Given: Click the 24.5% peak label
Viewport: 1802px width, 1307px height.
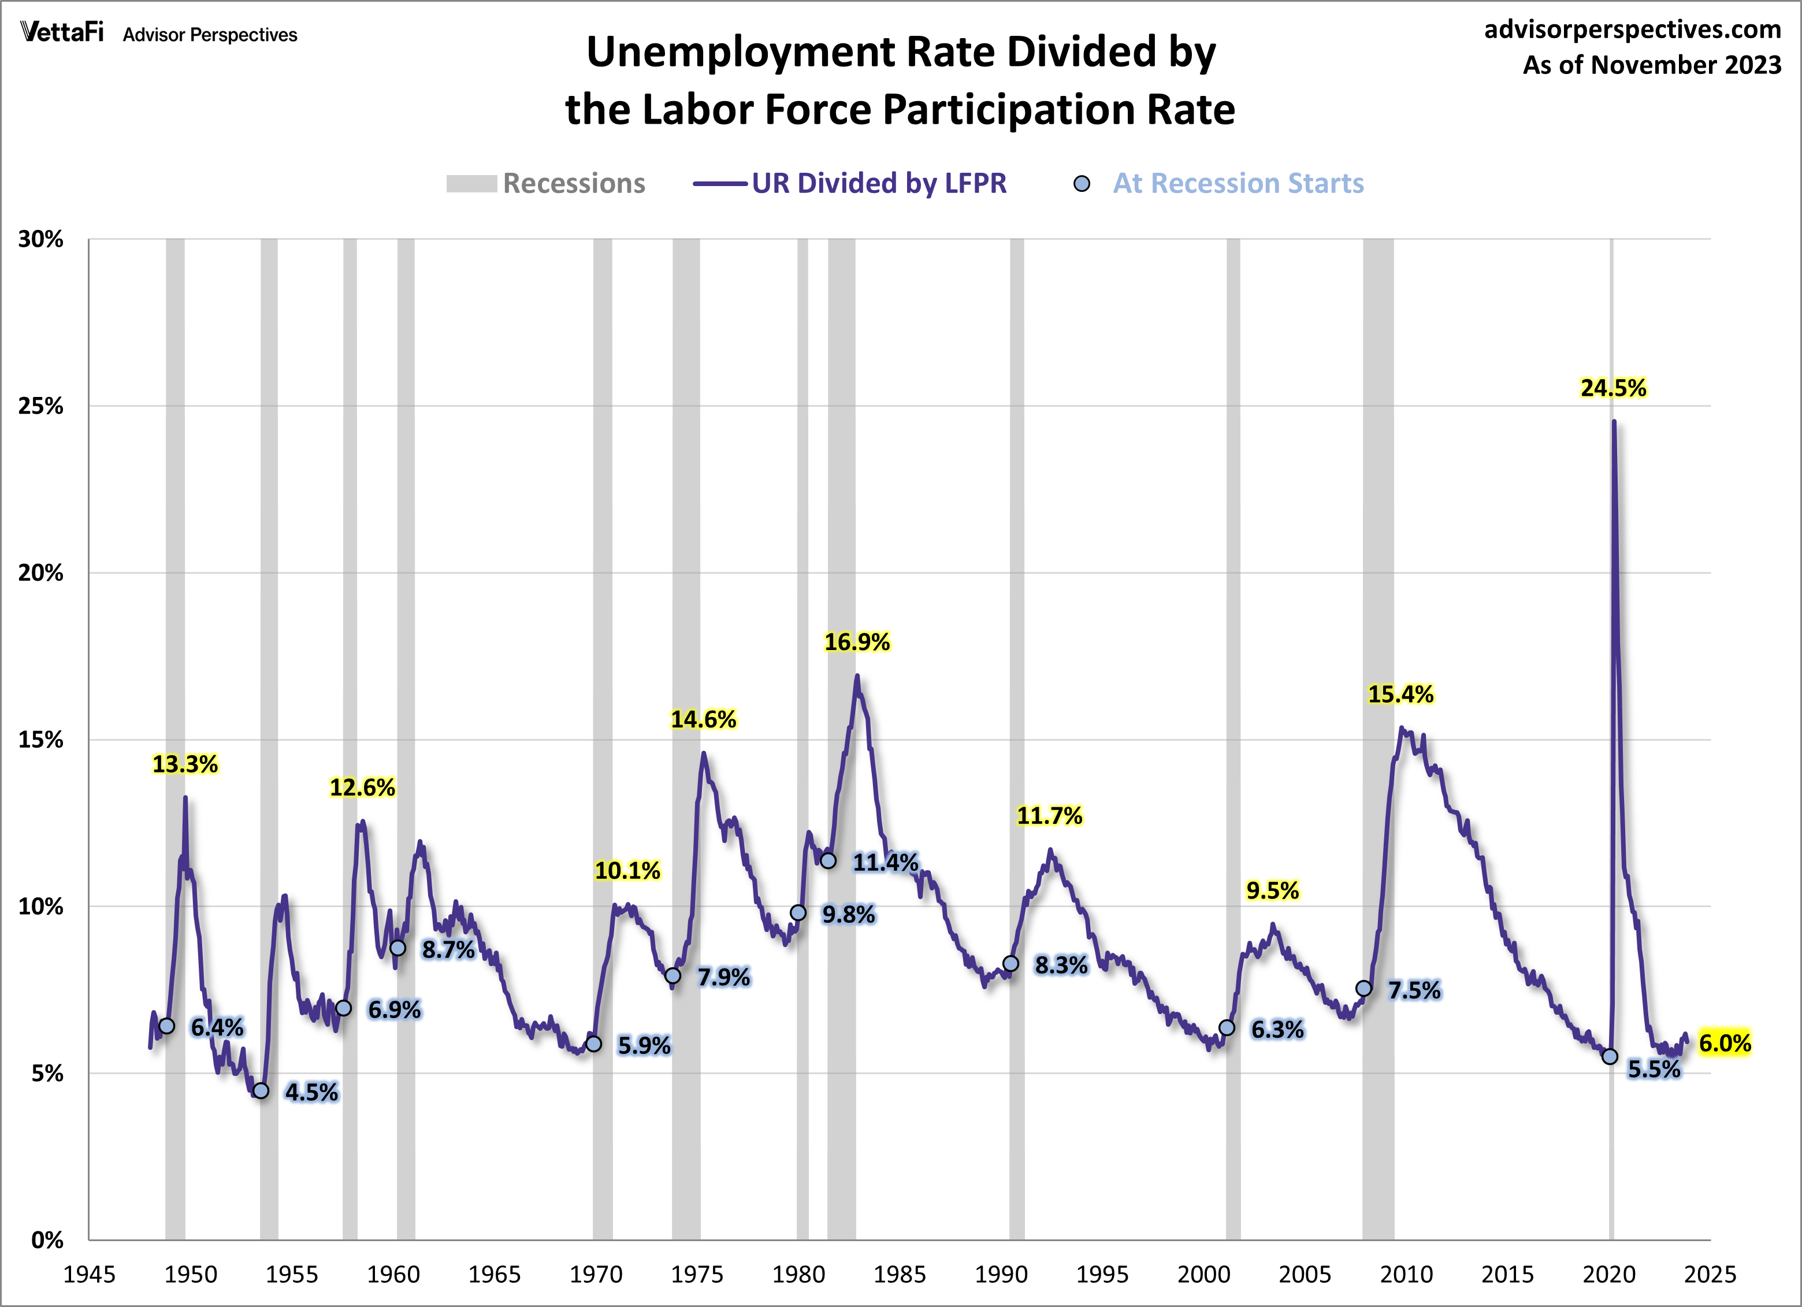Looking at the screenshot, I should point(1613,388).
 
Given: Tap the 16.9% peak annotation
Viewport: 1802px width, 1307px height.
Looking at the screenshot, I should point(856,642).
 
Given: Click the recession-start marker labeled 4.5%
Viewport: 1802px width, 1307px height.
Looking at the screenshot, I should point(261,1091).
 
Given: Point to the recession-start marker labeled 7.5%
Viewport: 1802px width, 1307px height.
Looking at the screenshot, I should point(1363,989).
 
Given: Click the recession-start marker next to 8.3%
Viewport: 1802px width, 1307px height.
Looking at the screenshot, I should point(1010,964).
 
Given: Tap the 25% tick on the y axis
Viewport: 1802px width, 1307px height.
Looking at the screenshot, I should point(40,406).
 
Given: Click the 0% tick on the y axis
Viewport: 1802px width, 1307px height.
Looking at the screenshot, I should point(47,1240).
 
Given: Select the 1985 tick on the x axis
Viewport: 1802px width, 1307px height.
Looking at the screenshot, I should point(900,1275).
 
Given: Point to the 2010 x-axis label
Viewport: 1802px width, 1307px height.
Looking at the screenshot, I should point(1406,1275).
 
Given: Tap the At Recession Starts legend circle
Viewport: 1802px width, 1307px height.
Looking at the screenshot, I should point(1082,184).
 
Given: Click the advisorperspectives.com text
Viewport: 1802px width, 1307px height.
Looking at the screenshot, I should point(1632,29).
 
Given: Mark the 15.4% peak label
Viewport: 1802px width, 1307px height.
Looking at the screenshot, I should point(1400,695).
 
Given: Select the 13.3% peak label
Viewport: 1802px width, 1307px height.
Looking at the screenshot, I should point(184,764).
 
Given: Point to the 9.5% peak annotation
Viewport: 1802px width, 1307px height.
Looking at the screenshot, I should point(1272,890).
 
